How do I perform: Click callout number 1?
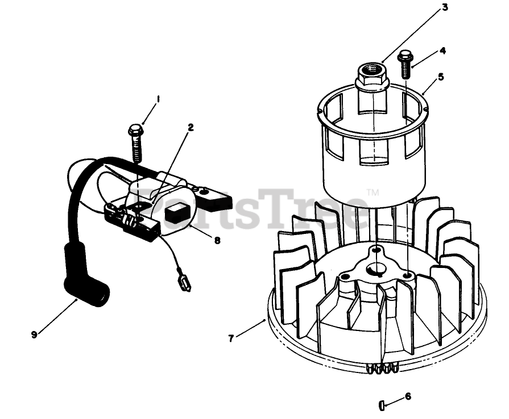[x=158, y=98]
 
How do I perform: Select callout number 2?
[x=191, y=127]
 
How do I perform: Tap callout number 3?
[x=445, y=8]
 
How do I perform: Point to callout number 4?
[x=442, y=50]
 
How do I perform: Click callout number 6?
[x=408, y=396]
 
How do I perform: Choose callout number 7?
[x=231, y=338]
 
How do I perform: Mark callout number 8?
[x=217, y=240]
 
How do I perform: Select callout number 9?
[x=34, y=334]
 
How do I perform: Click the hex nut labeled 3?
[x=371, y=76]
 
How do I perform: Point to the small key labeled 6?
[x=382, y=405]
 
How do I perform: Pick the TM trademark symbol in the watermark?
[x=373, y=192]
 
